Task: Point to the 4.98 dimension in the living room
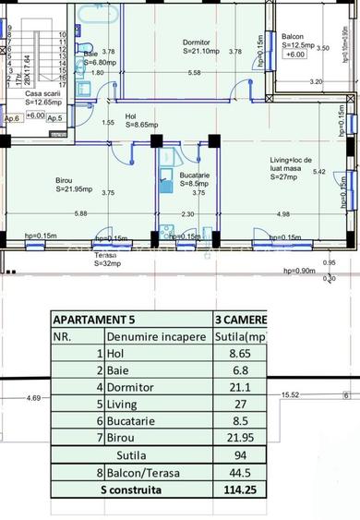[x=283, y=214]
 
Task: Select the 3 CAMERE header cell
[x=240, y=320]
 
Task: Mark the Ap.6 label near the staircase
[x=12, y=118]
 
